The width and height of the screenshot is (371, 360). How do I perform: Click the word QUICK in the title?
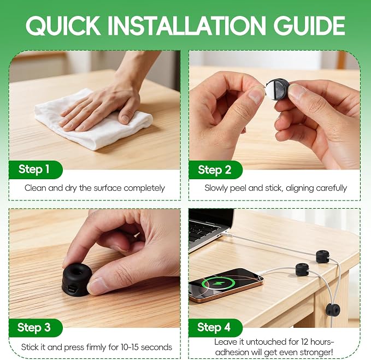63,26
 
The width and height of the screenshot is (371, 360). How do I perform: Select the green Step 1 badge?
36,169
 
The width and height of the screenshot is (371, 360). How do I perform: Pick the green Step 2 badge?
215,169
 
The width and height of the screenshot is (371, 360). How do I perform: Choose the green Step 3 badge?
36,328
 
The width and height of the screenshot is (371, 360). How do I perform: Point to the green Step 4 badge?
215,328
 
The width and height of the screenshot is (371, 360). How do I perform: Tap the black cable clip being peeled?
278,87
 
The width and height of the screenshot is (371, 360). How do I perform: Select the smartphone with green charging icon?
226,285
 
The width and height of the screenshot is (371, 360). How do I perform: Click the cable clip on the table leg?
333,309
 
